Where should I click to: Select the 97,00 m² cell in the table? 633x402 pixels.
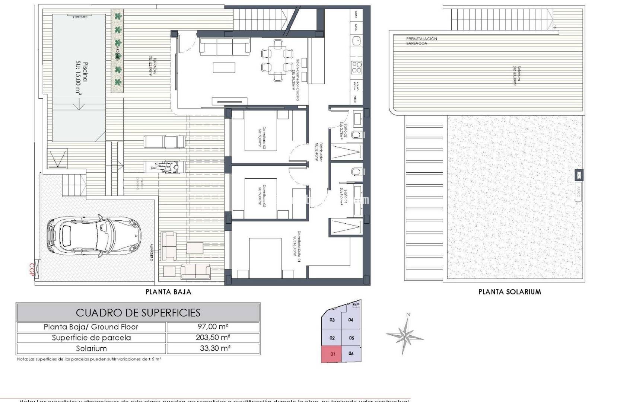tap(213, 327)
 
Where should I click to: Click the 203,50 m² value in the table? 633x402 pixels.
tap(213, 338)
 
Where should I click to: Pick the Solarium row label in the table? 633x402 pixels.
tap(91, 349)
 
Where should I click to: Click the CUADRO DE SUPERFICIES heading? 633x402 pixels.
tap(138, 313)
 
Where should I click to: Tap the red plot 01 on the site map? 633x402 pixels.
tap(333, 354)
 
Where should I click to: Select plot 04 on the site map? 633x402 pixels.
tap(351, 320)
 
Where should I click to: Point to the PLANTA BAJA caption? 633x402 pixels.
tap(168, 292)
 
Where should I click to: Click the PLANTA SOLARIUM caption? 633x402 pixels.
tap(509, 292)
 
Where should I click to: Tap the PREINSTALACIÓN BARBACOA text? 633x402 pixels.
tap(422, 41)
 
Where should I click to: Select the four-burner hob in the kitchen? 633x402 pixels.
tap(357, 67)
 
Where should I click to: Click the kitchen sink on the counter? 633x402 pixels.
tap(357, 40)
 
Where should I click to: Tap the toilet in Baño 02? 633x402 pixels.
tap(357, 135)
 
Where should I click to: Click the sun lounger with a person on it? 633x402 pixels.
tap(165, 167)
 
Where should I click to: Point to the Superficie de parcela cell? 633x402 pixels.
tap(91, 338)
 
